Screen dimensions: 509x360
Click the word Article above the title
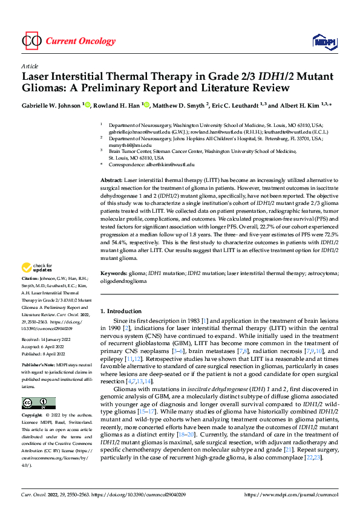[x=30, y=66]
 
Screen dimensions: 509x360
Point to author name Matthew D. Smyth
[x=179, y=105]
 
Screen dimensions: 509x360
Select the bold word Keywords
[x=113, y=274]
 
